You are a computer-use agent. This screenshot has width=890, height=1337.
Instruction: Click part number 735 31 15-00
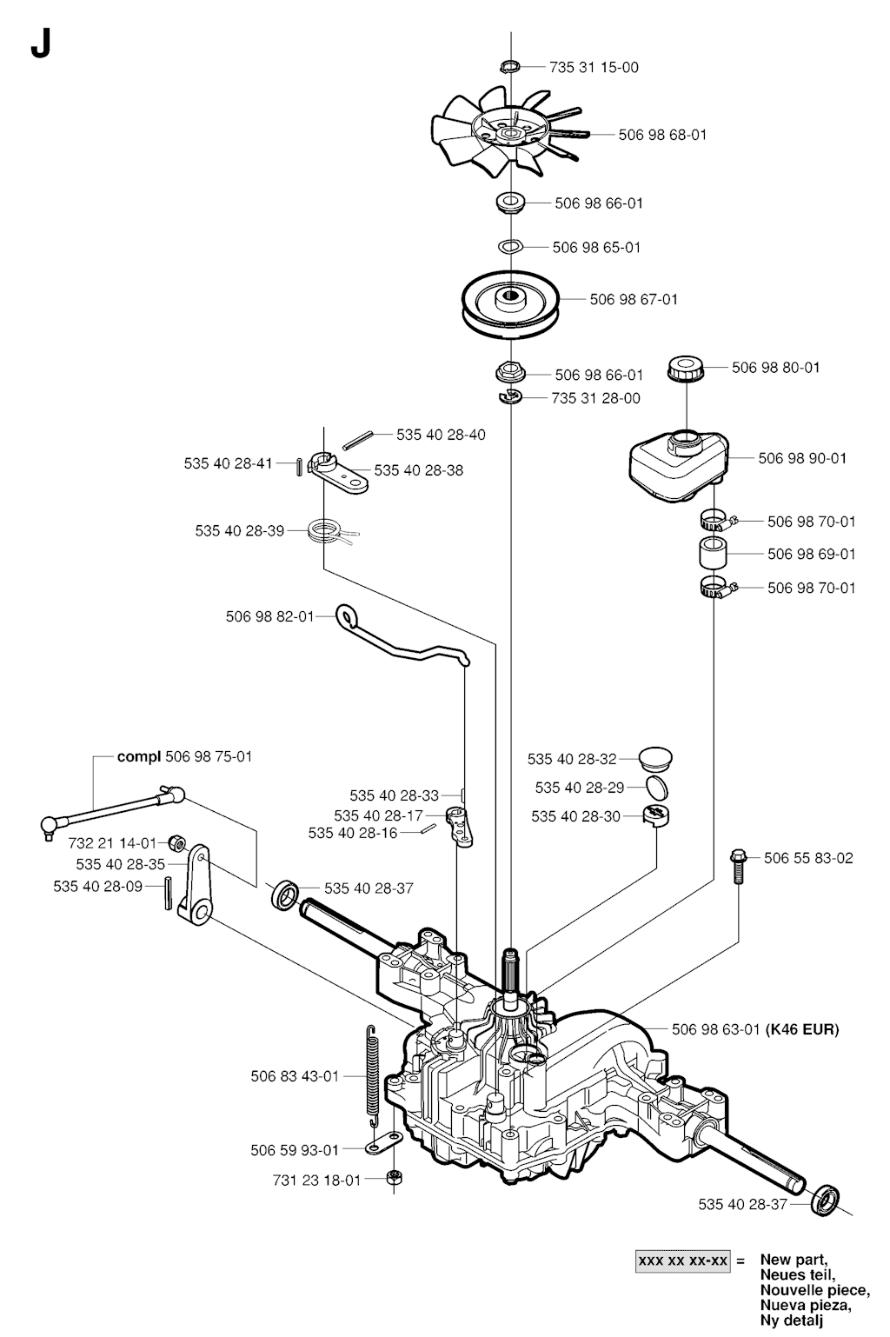click(x=594, y=67)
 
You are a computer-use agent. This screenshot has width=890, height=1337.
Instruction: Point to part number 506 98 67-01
click(x=634, y=299)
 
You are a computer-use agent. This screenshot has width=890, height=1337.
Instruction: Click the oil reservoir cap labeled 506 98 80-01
click(x=687, y=368)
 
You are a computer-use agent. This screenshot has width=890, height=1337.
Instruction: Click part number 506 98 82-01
click(x=269, y=616)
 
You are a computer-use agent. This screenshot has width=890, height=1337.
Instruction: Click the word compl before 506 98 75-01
click(x=139, y=756)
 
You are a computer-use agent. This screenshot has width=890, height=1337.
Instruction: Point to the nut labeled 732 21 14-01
click(x=174, y=842)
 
